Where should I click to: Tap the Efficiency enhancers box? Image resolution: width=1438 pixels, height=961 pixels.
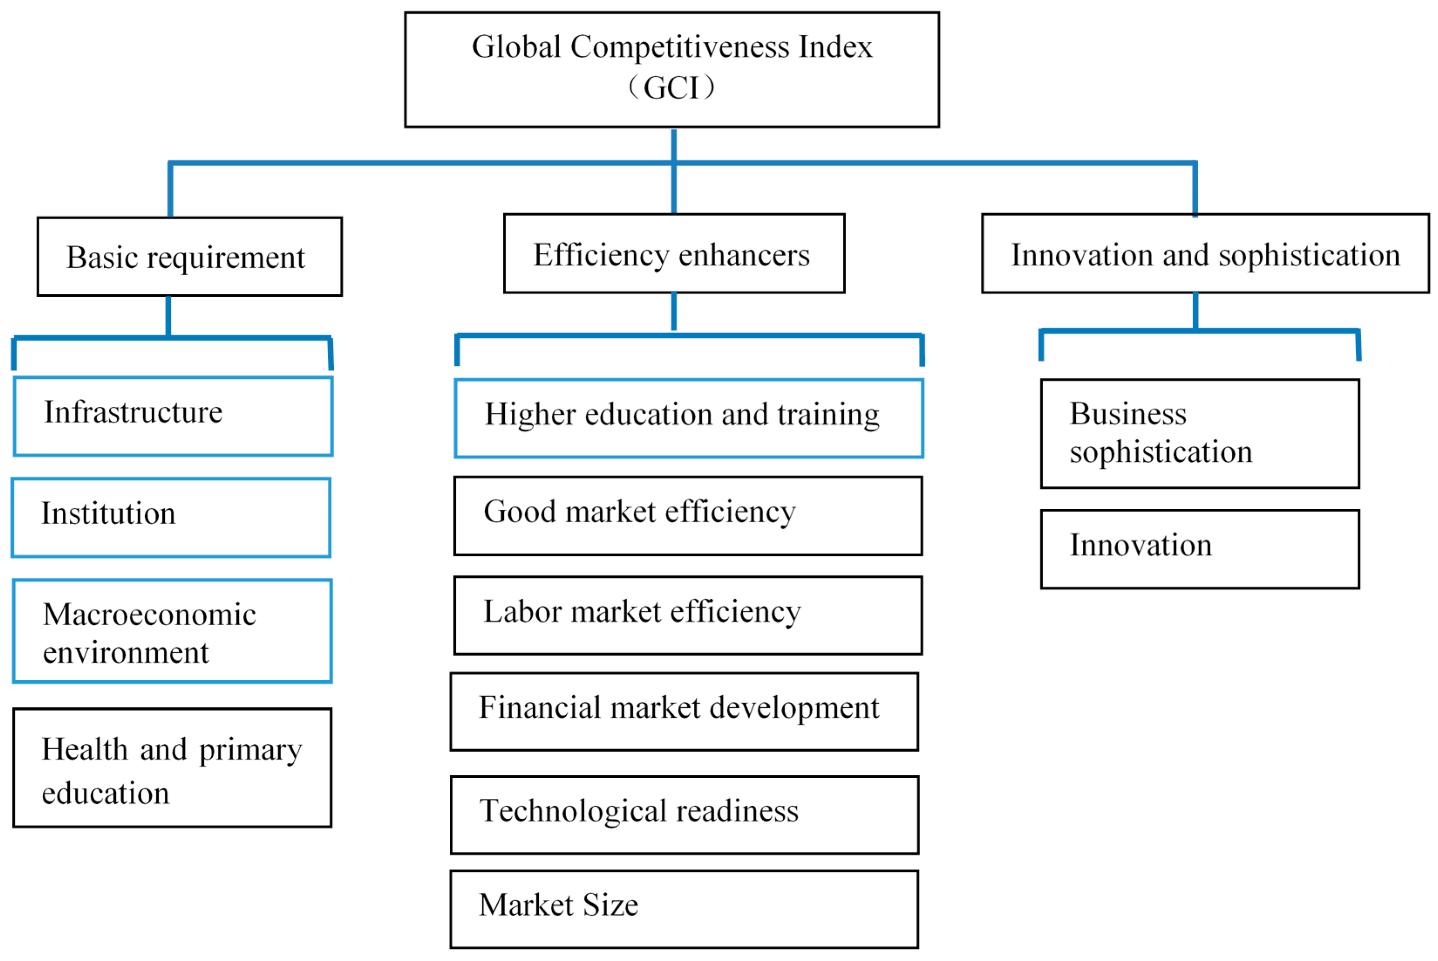pyautogui.click(x=673, y=254)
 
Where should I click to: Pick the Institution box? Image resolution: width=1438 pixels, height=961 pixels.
pyautogui.click(x=171, y=518)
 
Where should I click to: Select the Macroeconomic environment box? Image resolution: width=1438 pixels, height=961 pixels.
pyautogui.click(x=172, y=631)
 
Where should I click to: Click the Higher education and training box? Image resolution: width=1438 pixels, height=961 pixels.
pyautogui.click(x=688, y=419)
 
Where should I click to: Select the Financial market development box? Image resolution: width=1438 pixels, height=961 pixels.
pyautogui.click(x=684, y=712)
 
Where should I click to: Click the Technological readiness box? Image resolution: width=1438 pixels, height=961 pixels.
pyautogui.click(x=684, y=815)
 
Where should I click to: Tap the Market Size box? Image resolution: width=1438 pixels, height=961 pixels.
pyautogui.click(x=684, y=910)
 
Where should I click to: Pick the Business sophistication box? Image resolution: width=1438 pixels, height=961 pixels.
pyautogui.click(x=1199, y=434)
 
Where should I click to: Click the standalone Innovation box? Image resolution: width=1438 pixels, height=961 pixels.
pyautogui.click(x=1199, y=549)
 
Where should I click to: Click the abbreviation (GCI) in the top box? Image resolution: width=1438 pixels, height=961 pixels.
pyautogui.click(x=670, y=88)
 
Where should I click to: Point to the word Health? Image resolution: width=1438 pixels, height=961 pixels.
pyautogui.click(x=85, y=750)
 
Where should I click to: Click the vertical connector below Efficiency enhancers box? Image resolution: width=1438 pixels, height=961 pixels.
pyautogui.click(x=673, y=311)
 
